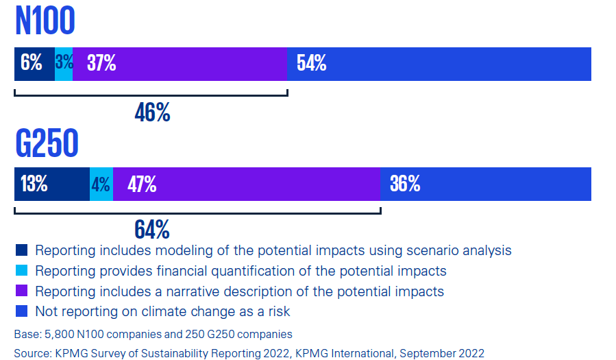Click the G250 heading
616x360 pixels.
pos(47,143)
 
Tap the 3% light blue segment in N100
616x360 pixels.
pos(64,64)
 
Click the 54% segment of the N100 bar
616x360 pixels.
pos(439,64)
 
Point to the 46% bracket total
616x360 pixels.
pos(152,112)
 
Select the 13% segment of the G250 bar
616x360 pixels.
pos(51,184)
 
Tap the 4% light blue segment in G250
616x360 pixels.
pos(101,184)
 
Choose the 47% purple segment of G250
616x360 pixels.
pos(247,184)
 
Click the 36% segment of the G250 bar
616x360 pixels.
pos(485,184)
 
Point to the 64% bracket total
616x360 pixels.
pos(152,228)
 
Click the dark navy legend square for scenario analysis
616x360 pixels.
pos(21,250)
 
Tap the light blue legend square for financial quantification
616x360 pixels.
pos(21,271)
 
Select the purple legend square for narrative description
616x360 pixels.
pos(21,291)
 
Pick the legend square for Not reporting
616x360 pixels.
pos(21,312)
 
